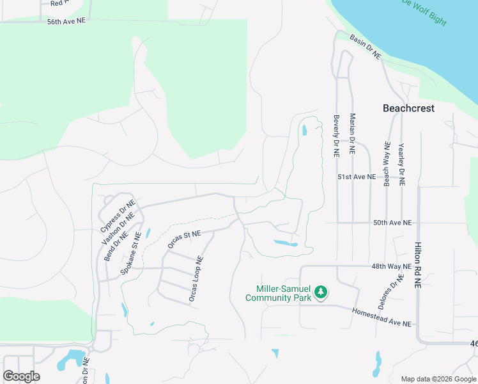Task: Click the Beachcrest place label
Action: [408, 108]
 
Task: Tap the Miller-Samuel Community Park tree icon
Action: [321, 293]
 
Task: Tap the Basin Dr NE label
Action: [365, 47]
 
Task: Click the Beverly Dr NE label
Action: [335, 136]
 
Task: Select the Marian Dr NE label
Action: [352, 134]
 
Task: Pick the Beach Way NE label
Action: [387, 164]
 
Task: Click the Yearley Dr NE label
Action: [401, 164]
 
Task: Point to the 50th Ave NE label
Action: [392, 223]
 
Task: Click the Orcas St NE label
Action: [184, 239]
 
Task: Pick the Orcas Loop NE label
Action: [196, 279]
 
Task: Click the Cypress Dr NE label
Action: [118, 216]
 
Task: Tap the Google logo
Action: [22, 376]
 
